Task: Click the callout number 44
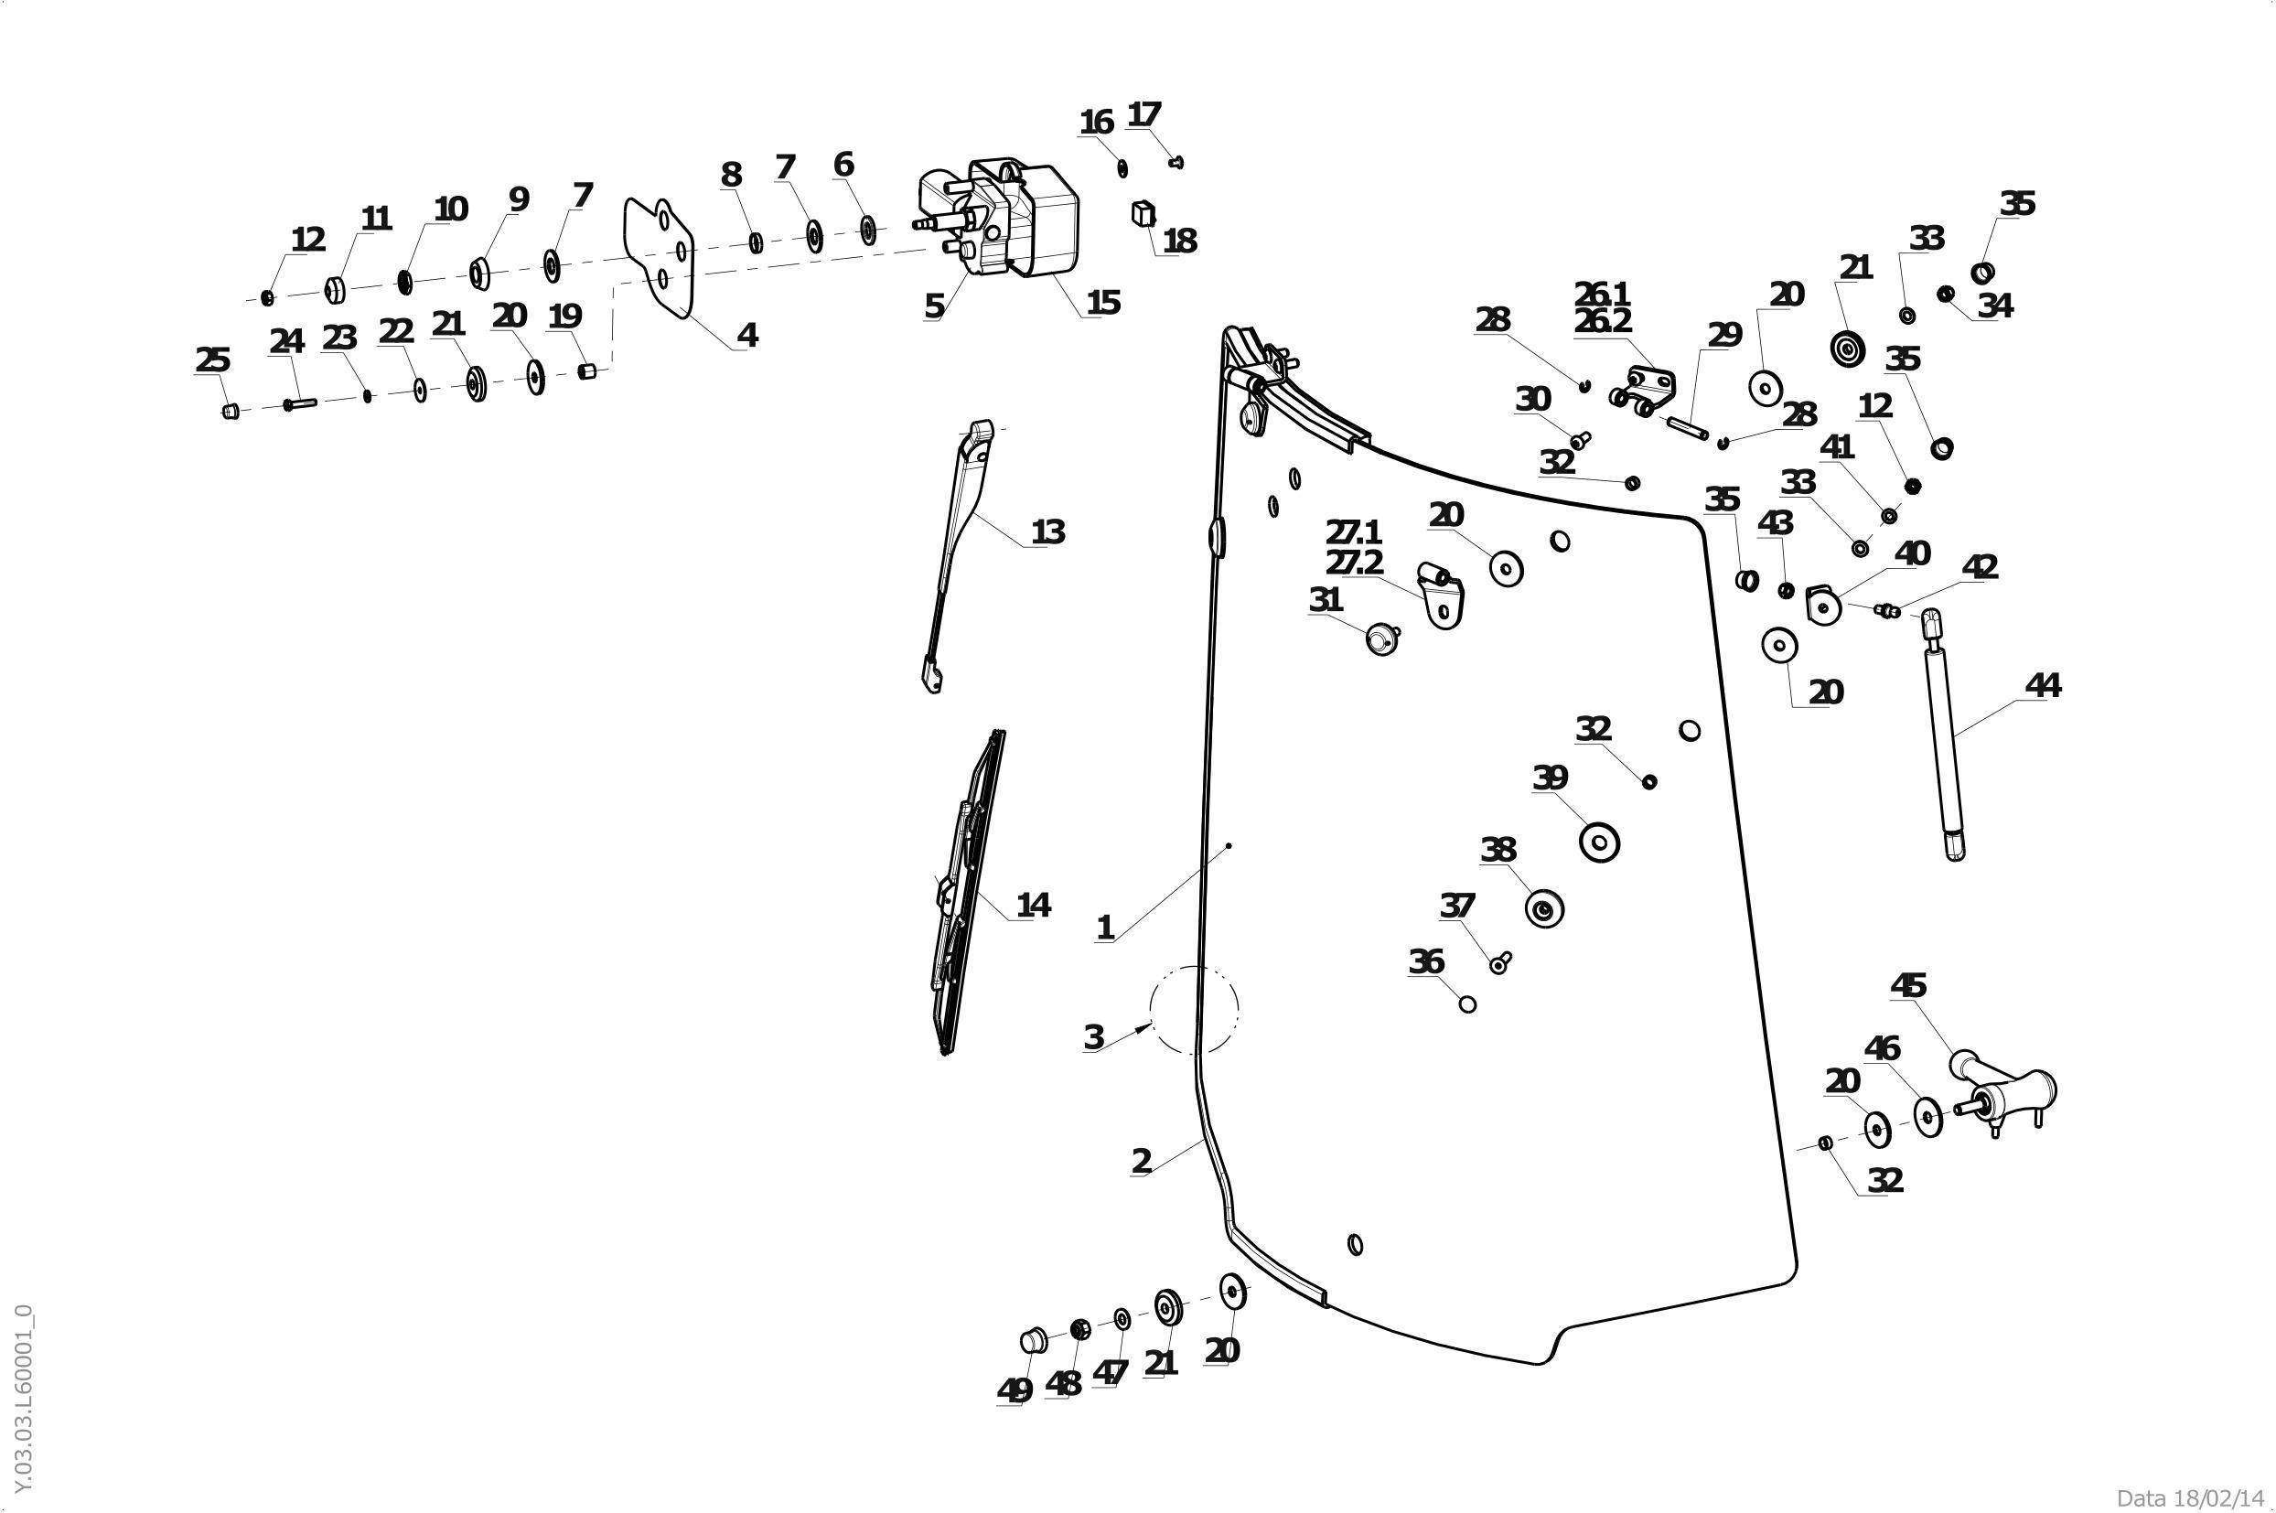tap(2043, 686)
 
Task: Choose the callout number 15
tap(1103, 303)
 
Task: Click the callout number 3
tap(1093, 1038)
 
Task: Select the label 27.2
tap(1354, 562)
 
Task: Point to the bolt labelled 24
tap(299, 404)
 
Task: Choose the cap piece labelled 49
tap(1033, 1340)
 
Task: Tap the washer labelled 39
tap(1599, 842)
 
